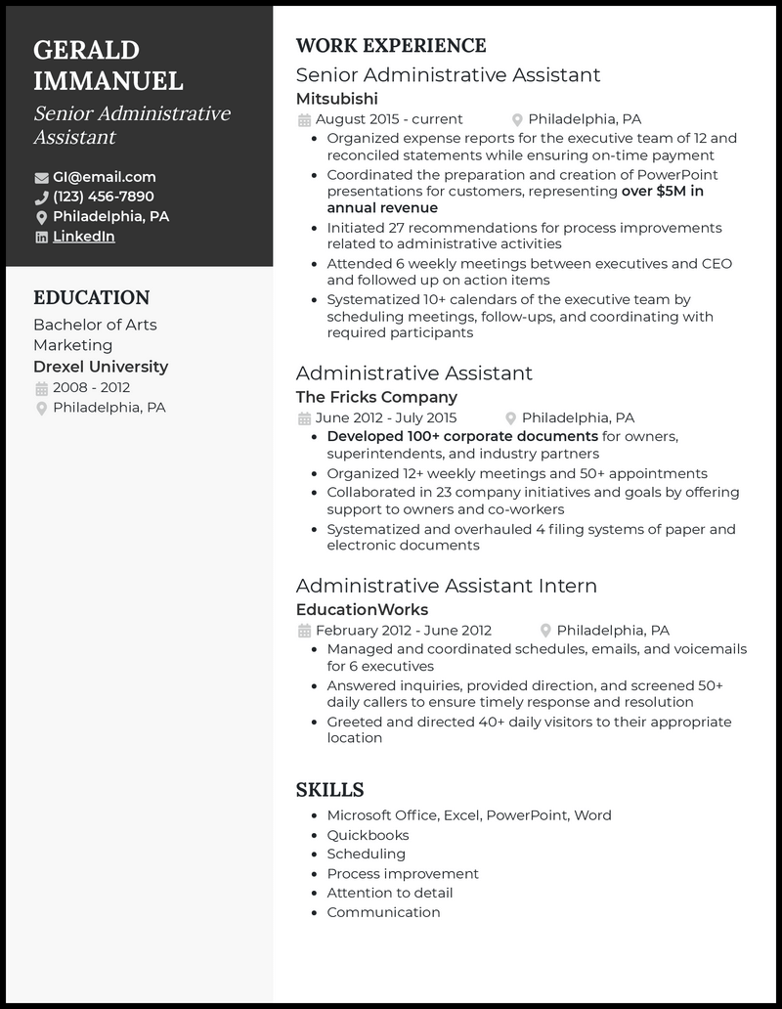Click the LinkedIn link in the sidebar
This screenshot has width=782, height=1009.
83,237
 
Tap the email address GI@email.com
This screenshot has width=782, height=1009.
104,177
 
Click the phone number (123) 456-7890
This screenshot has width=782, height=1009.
103,197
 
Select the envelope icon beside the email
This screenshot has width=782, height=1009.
41,178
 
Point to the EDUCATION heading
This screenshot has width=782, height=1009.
91,297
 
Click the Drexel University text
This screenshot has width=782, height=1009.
101,367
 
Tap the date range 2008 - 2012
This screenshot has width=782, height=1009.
90,388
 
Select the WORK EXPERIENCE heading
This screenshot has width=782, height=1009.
390,46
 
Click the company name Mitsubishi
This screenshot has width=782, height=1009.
336,99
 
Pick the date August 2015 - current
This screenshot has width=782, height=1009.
389,119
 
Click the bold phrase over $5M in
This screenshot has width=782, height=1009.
662,192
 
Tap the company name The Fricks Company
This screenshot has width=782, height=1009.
376,397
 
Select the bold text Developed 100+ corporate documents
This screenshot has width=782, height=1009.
462,436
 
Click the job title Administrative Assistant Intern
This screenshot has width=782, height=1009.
446,586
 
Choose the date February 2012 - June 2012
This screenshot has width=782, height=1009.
403,631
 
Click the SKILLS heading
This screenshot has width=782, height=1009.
329,790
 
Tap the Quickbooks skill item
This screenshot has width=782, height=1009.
368,835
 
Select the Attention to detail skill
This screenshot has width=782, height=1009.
389,893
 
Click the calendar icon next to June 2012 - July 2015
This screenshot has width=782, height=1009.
303,418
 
